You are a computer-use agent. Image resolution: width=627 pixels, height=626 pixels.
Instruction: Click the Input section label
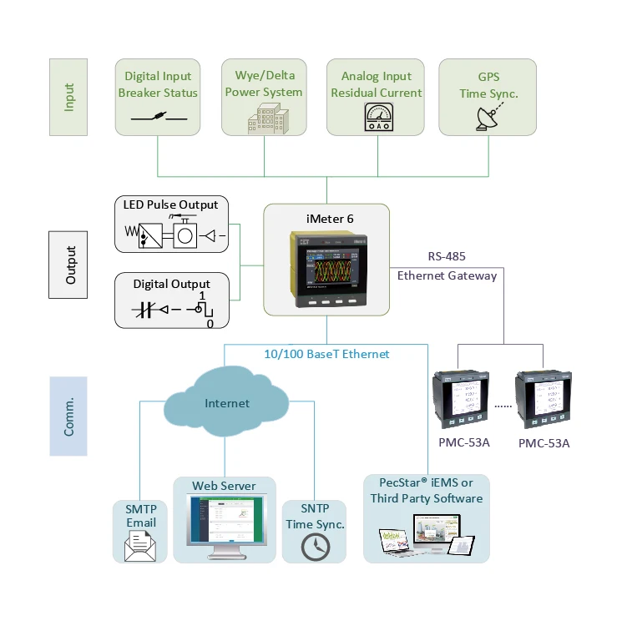click(x=70, y=97)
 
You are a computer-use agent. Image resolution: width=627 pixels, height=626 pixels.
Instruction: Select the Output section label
click(x=70, y=265)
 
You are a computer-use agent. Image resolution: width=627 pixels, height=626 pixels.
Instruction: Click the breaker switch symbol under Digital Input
click(x=159, y=116)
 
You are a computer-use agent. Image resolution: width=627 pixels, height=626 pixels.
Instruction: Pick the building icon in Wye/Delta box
click(x=264, y=118)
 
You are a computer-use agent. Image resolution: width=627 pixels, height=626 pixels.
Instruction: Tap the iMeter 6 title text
click(x=326, y=219)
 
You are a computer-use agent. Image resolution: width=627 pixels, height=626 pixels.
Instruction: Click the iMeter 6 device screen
click(x=327, y=264)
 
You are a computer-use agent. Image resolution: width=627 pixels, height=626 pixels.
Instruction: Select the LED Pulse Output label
click(x=170, y=204)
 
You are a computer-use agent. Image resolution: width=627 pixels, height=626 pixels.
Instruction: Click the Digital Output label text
click(x=172, y=284)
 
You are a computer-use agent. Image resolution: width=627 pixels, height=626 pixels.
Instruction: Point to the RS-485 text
click(x=447, y=257)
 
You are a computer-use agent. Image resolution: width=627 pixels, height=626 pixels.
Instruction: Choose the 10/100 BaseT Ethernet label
click(x=326, y=354)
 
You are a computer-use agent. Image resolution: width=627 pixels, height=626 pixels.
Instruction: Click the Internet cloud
click(x=227, y=404)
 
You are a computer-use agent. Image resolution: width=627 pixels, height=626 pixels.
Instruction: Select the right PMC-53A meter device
click(x=544, y=398)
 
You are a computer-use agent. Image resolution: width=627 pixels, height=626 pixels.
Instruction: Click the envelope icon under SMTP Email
click(x=141, y=547)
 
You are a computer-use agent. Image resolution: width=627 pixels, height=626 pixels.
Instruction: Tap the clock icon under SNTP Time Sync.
click(x=316, y=547)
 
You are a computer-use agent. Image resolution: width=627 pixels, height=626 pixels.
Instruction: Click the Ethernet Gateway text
click(x=447, y=275)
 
